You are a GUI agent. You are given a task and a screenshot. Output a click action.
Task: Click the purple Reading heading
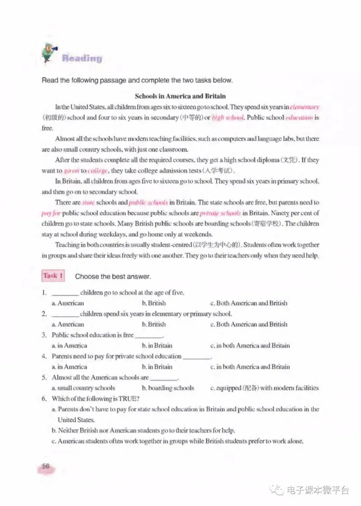click(x=82, y=58)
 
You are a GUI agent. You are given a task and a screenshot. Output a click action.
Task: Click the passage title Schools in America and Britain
click(x=180, y=96)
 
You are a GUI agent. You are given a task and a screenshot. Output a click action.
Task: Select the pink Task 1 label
click(x=53, y=276)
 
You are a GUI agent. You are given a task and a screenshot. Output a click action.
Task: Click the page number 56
click(x=46, y=466)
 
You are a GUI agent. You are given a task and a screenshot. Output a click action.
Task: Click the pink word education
click(x=299, y=118)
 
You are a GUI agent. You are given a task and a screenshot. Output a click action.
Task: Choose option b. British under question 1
click(x=153, y=303)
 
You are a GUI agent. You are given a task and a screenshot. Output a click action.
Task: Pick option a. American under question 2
click(x=68, y=324)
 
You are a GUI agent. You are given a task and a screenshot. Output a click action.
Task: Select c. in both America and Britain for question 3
click(x=250, y=345)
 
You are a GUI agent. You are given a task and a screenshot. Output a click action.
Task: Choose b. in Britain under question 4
click(x=157, y=367)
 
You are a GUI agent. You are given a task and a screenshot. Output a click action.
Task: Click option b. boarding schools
click(x=167, y=388)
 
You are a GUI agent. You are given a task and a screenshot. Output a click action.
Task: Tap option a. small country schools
click(x=83, y=388)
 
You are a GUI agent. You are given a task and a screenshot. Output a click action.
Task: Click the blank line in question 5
click(x=164, y=378)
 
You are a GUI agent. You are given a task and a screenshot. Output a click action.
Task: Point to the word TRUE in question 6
click(x=126, y=399)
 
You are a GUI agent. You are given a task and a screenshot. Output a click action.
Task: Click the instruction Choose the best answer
click(x=112, y=276)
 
